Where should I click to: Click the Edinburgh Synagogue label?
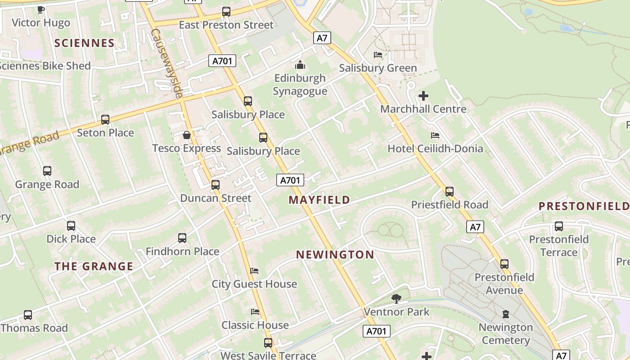click(300, 85)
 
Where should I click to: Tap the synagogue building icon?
click(300, 65)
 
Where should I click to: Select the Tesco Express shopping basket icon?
click(187, 135)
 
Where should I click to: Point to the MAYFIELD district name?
click(319, 200)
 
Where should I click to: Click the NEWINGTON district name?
click(335, 255)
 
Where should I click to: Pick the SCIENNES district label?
click(85, 43)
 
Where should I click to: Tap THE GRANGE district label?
click(94, 266)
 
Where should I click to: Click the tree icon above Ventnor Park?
click(396, 298)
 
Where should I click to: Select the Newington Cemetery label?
click(506, 333)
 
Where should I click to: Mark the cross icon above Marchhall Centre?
click(423, 96)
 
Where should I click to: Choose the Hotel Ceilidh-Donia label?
click(435, 148)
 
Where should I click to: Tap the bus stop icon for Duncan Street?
click(216, 184)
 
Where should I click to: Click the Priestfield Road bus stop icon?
click(449, 191)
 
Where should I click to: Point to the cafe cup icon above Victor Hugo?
click(41, 9)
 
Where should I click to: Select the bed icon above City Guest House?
click(254, 271)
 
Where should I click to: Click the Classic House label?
click(255, 325)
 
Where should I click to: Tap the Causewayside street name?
click(167, 63)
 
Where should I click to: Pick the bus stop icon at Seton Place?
click(105, 119)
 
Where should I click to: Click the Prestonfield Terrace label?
click(559, 246)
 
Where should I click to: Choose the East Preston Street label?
click(226, 25)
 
